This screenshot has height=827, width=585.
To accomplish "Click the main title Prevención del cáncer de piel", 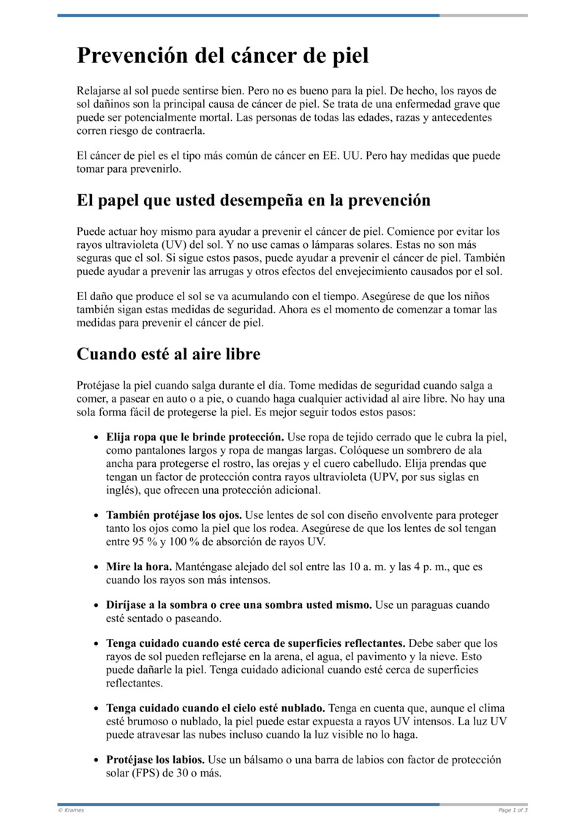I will click(223, 56).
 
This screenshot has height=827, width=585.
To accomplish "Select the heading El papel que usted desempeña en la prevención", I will click(254, 200).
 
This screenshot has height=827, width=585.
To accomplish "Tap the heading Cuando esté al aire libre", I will click(168, 354).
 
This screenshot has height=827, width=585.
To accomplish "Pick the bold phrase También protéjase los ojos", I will click(174, 515).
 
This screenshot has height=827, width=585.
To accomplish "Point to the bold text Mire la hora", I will click(139, 567).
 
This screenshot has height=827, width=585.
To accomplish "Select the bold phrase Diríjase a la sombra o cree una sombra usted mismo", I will click(239, 606).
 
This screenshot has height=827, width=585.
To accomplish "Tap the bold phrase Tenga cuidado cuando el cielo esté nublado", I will click(216, 709).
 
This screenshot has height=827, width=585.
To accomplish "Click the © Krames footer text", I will click(71, 810).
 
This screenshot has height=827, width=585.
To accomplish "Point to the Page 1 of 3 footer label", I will click(513, 810).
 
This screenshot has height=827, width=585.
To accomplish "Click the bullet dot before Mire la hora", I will click(97, 567).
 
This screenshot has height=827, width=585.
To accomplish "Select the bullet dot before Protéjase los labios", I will click(97, 760).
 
